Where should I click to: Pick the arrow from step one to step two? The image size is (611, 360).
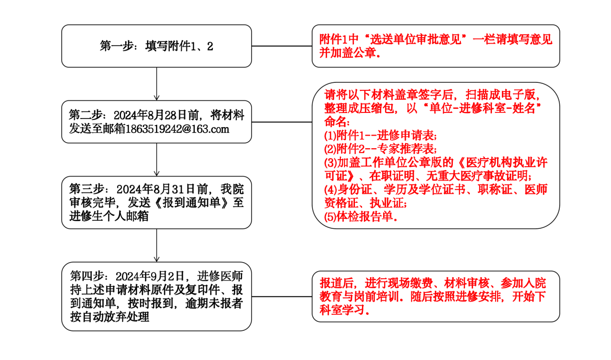tap(157, 83)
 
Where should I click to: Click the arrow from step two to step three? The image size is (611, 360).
tap(157, 159)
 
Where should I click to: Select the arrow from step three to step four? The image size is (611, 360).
tap(157, 245)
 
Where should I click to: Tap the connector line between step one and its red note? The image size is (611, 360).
tap(281, 46)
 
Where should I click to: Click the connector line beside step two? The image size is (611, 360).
tap(281, 122)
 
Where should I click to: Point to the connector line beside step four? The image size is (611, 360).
tap(281, 296)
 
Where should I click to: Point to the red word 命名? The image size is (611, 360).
tap(335, 122)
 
